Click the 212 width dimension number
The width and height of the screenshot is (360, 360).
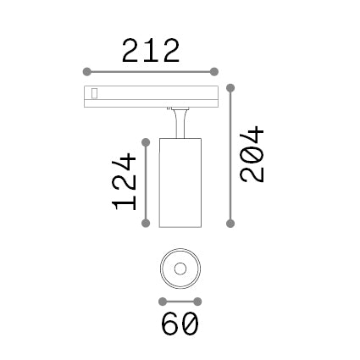pyautogui.click(x=151, y=51)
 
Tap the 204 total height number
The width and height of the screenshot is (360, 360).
pyautogui.click(x=252, y=154)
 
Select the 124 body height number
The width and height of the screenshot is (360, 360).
pyautogui.click(x=124, y=181)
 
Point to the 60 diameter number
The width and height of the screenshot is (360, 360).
pyautogui.click(x=180, y=324)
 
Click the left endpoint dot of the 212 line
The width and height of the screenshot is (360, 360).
pyautogui.click(x=87, y=72)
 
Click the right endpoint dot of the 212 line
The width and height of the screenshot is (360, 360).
pyautogui.click(x=214, y=72)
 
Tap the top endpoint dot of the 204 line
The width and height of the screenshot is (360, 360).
pyautogui.click(x=230, y=88)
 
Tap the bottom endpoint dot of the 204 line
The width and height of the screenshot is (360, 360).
pyautogui.click(x=230, y=224)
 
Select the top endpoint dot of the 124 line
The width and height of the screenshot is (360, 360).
pyautogui.click(x=146, y=142)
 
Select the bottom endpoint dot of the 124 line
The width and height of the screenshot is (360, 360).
pyautogui.click(x=146, y=224)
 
